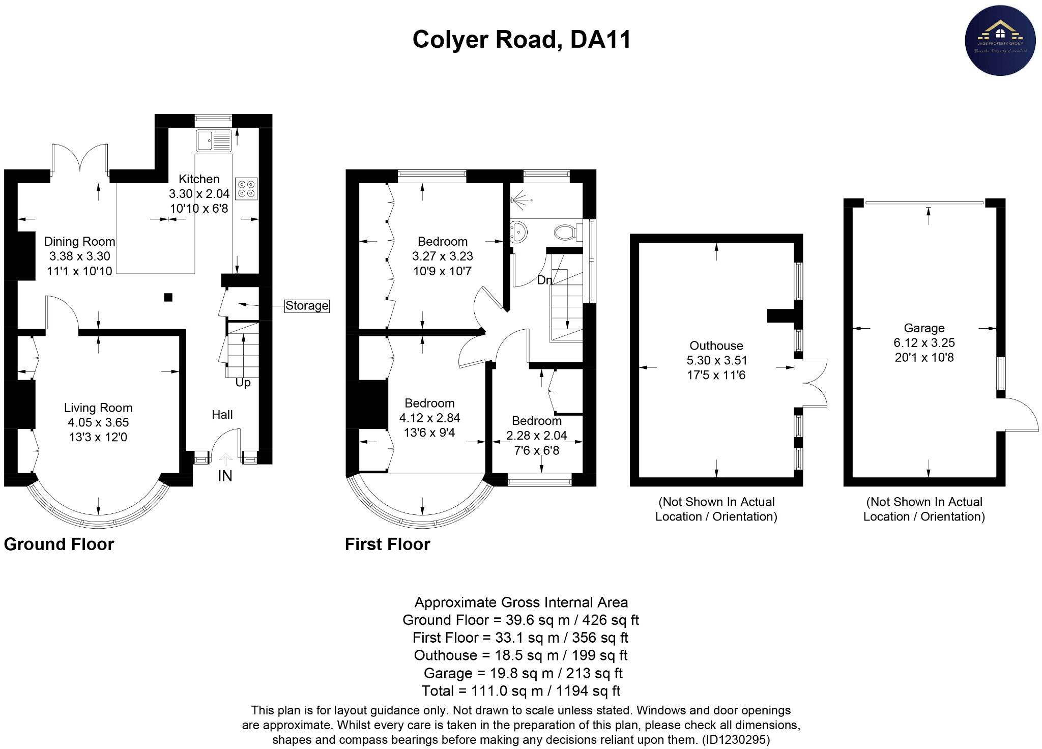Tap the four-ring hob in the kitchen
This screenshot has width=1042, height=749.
pyautogui.click(x=247, y=188)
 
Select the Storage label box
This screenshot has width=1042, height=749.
pyautogui.click(x=307, y=306)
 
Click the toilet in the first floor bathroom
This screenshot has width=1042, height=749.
pyautogui.click(x=565, y=233)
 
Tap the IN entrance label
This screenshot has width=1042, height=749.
pyautogui.click(x=225, y=476)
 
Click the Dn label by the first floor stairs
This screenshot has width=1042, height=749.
pyautogui.click(x=544, y=280)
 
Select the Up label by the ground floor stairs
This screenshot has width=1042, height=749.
pyautogui.click(x=243, y=383)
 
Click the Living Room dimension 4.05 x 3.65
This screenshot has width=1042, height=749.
pyautogui.click(x=98, y=422)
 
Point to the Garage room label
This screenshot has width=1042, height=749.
pyautogui.click(x=924, y=328)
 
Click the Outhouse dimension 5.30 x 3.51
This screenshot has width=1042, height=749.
pyautogui.click(x=716, y=361)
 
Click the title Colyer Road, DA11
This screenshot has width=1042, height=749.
pyautogui.click(x=522, y=40)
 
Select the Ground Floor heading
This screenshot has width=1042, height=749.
pyautogui.click(x=59, y=544)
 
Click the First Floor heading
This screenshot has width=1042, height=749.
pyautogui.click(x=388, y=544)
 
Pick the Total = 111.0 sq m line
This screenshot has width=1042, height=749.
pyautogui.click(x=520, y=691)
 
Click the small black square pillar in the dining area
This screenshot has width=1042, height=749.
pyautogui.click(x=168, y=297)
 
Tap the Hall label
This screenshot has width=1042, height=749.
pyautogui.click(x=222, y=415)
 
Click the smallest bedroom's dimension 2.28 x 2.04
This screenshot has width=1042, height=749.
pyautogui.click(x=536, y=436)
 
